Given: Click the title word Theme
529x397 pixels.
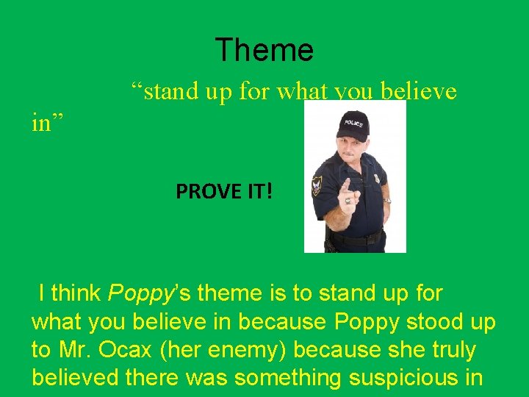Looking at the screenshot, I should click(264, 50).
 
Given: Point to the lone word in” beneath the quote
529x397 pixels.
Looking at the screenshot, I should click(48, 123).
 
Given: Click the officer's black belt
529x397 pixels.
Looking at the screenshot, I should click(356, 239).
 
